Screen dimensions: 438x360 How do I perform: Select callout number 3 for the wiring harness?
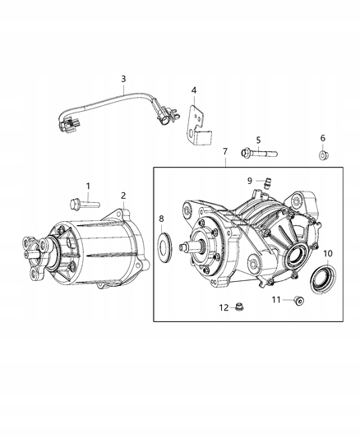pyautogui.click(x=123, y=79)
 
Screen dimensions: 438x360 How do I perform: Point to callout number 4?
pyautogui.click(x=193, y=90)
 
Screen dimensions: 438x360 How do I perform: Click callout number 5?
pyautogui.click(x=257, y=140)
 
